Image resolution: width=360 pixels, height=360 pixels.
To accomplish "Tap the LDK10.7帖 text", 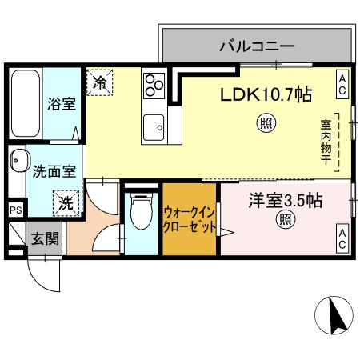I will pos(266,94).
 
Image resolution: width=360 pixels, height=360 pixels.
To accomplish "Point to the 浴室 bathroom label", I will pos(62,103).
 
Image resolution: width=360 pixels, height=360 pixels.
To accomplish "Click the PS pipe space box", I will pos(15,210).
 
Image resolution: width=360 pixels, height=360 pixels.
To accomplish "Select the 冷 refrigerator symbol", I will pos(100,81).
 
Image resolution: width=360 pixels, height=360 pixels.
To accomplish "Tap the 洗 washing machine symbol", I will pos(66,202).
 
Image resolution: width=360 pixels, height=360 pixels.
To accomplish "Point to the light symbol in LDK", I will pos(264,123).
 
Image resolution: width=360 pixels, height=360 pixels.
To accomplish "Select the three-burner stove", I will pos(153,84).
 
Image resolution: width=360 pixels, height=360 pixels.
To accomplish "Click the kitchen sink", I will pos(153,126).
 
